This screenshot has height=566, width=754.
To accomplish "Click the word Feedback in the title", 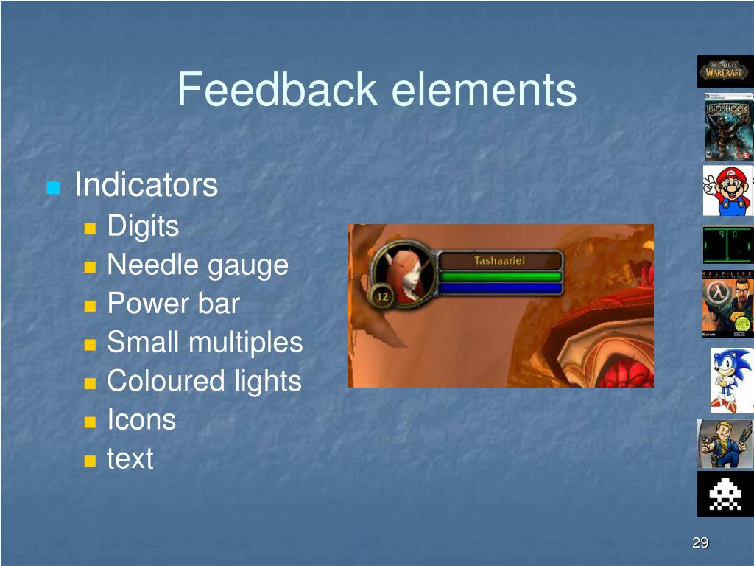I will (276, 90).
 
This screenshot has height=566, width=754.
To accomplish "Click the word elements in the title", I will (484, 90).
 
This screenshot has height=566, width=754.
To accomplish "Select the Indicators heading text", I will (147, 185).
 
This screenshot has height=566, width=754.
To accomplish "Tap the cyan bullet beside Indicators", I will (52, 187).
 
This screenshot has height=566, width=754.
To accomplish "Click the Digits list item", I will (143, 226).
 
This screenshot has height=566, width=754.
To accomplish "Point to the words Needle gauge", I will (197, 264).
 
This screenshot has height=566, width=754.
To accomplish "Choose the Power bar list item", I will (173, 303).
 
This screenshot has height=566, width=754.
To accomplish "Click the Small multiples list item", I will (205, 342).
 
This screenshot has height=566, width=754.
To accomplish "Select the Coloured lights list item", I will (204, 381).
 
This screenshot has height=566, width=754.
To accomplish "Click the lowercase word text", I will (130, 458).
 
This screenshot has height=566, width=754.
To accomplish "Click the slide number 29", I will (700, 543).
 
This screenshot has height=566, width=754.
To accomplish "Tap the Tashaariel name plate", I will (500, 261).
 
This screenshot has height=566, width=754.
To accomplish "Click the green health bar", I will (501, 276).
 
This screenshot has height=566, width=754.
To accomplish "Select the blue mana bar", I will (501, 288).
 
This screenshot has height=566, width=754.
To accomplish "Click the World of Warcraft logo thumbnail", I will (725, 71).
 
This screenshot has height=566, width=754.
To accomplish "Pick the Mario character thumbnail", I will (727, 191).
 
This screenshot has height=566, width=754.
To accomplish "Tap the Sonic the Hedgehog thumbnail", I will (731, 380).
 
